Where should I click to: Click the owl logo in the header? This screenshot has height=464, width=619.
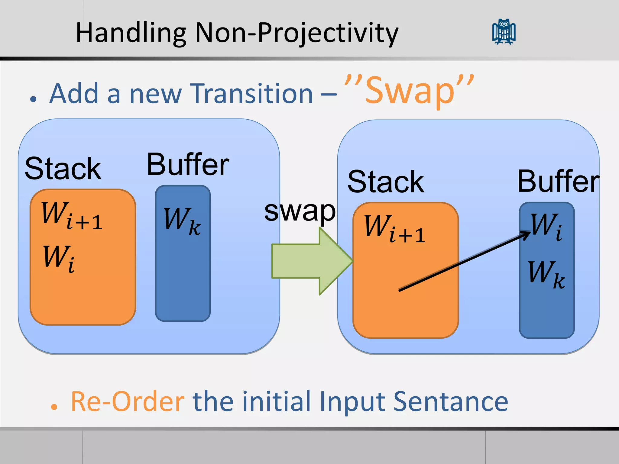coord(504,32)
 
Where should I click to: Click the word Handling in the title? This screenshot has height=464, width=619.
coord(131,33)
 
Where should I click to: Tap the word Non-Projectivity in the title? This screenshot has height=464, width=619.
coord(297,33)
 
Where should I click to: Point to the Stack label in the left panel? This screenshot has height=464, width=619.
coord(63,169)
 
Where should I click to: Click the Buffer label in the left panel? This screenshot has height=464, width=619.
coord(188,165)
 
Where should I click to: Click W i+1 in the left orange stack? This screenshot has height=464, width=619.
coord(72,215)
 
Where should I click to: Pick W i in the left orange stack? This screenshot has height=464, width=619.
coord(59,258)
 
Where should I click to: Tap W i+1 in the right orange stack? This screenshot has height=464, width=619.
coord(395,228)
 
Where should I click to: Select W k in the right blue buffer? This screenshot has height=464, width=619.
coord(546,274)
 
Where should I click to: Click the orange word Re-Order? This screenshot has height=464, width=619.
coord(128,402)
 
